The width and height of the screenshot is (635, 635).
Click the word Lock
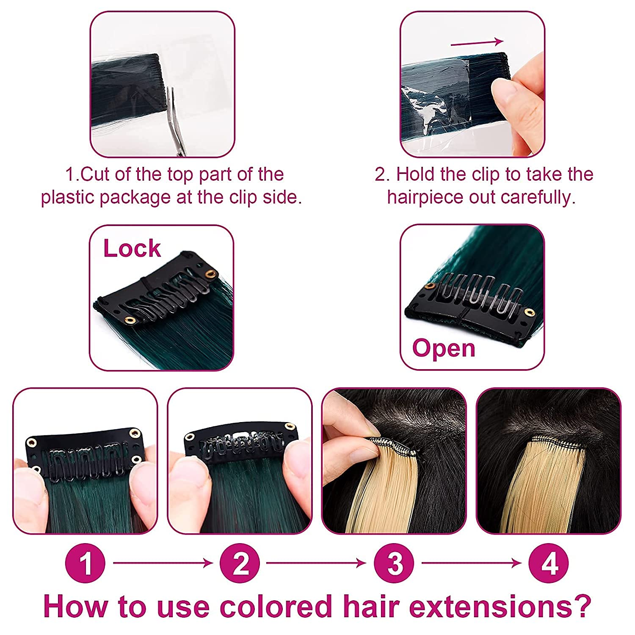132,248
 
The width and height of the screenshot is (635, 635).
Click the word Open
444,349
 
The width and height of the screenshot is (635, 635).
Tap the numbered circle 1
85,563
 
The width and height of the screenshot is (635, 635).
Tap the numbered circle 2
240,563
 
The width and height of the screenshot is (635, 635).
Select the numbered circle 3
395,563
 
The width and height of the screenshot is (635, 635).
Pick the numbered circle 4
549,563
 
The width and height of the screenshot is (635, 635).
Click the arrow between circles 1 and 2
163,563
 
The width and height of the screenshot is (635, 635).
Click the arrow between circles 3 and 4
472,563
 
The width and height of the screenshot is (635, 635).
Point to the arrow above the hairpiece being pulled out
477,42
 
